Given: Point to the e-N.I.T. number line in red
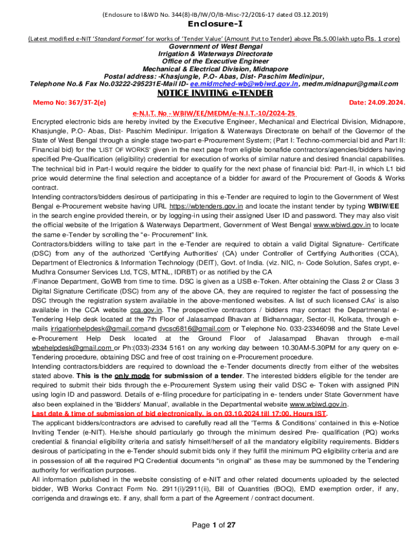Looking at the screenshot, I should click(215, 113).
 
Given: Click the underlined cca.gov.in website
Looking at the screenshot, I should click(147, 309).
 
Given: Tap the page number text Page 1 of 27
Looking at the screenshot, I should click(215, 525).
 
